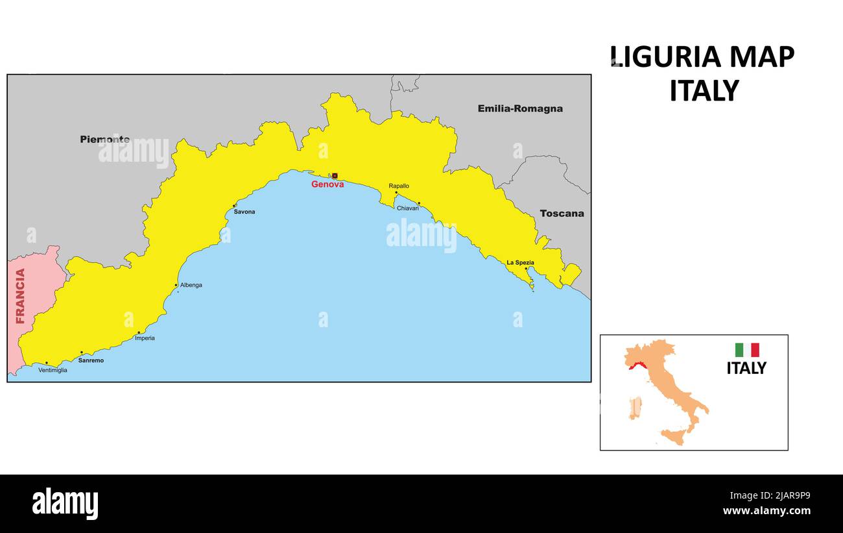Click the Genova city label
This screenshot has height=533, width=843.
(327, 184)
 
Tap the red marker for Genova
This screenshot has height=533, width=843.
(335, 176)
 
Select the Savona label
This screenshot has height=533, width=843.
(244, 212)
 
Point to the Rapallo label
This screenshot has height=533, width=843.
(399, 186)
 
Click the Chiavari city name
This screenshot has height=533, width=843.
(408, 208)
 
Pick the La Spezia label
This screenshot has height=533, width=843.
(520, 262)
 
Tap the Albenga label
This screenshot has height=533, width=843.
(191, 285)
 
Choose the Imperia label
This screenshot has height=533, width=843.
(145, 338)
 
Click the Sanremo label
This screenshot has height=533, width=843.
(91, 360)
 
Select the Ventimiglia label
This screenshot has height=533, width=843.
(53, 370)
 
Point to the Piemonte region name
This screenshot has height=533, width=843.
(104, 139)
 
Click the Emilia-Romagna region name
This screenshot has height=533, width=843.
(520, 108)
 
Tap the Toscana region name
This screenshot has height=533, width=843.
(562, 213)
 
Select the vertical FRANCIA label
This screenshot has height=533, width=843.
(20, 296)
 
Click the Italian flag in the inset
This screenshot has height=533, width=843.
(746, 350)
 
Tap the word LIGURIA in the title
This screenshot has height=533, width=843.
(664, 57)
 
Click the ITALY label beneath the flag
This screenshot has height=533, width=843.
(746, 368)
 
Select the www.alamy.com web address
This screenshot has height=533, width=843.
(766, 511)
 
